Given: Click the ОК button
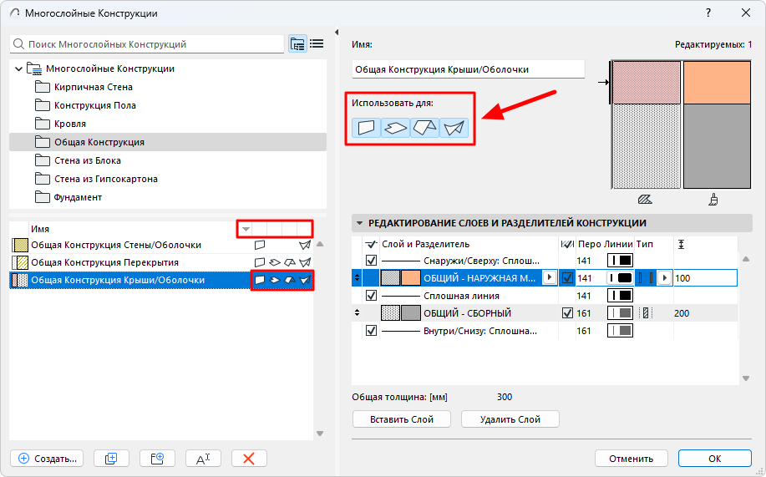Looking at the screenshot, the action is click(x=714, y=459).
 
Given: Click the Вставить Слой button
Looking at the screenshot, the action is click(x=402, y=419).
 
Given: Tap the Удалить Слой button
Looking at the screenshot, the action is click(x=510, y=419).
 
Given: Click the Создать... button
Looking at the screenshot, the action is click(x=47, y=459).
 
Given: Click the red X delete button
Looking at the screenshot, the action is click(x=249, y=459).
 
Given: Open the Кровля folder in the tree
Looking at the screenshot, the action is click(x=70, y=124).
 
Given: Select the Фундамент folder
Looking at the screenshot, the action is click(x=78, y=197).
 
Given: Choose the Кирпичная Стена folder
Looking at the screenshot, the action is click(x=93, y=87).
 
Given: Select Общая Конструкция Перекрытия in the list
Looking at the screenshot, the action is click(x=104, y=262).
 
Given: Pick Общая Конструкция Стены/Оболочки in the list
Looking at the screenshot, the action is click(x=116, y=245).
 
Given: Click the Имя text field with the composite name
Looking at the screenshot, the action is click(x=468, y=69).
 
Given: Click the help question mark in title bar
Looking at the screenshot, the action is click(x=708, y=13).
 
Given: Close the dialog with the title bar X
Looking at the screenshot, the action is click(x=745, y=13).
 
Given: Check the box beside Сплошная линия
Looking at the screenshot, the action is click(x=371, y=296).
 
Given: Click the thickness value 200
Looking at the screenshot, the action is click(x=682, y=313).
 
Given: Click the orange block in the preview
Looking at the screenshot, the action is click(x=717, y=83).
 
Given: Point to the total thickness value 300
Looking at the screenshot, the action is click(x=505, y=397).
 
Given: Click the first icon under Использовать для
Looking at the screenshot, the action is click(x=366, y=128).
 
